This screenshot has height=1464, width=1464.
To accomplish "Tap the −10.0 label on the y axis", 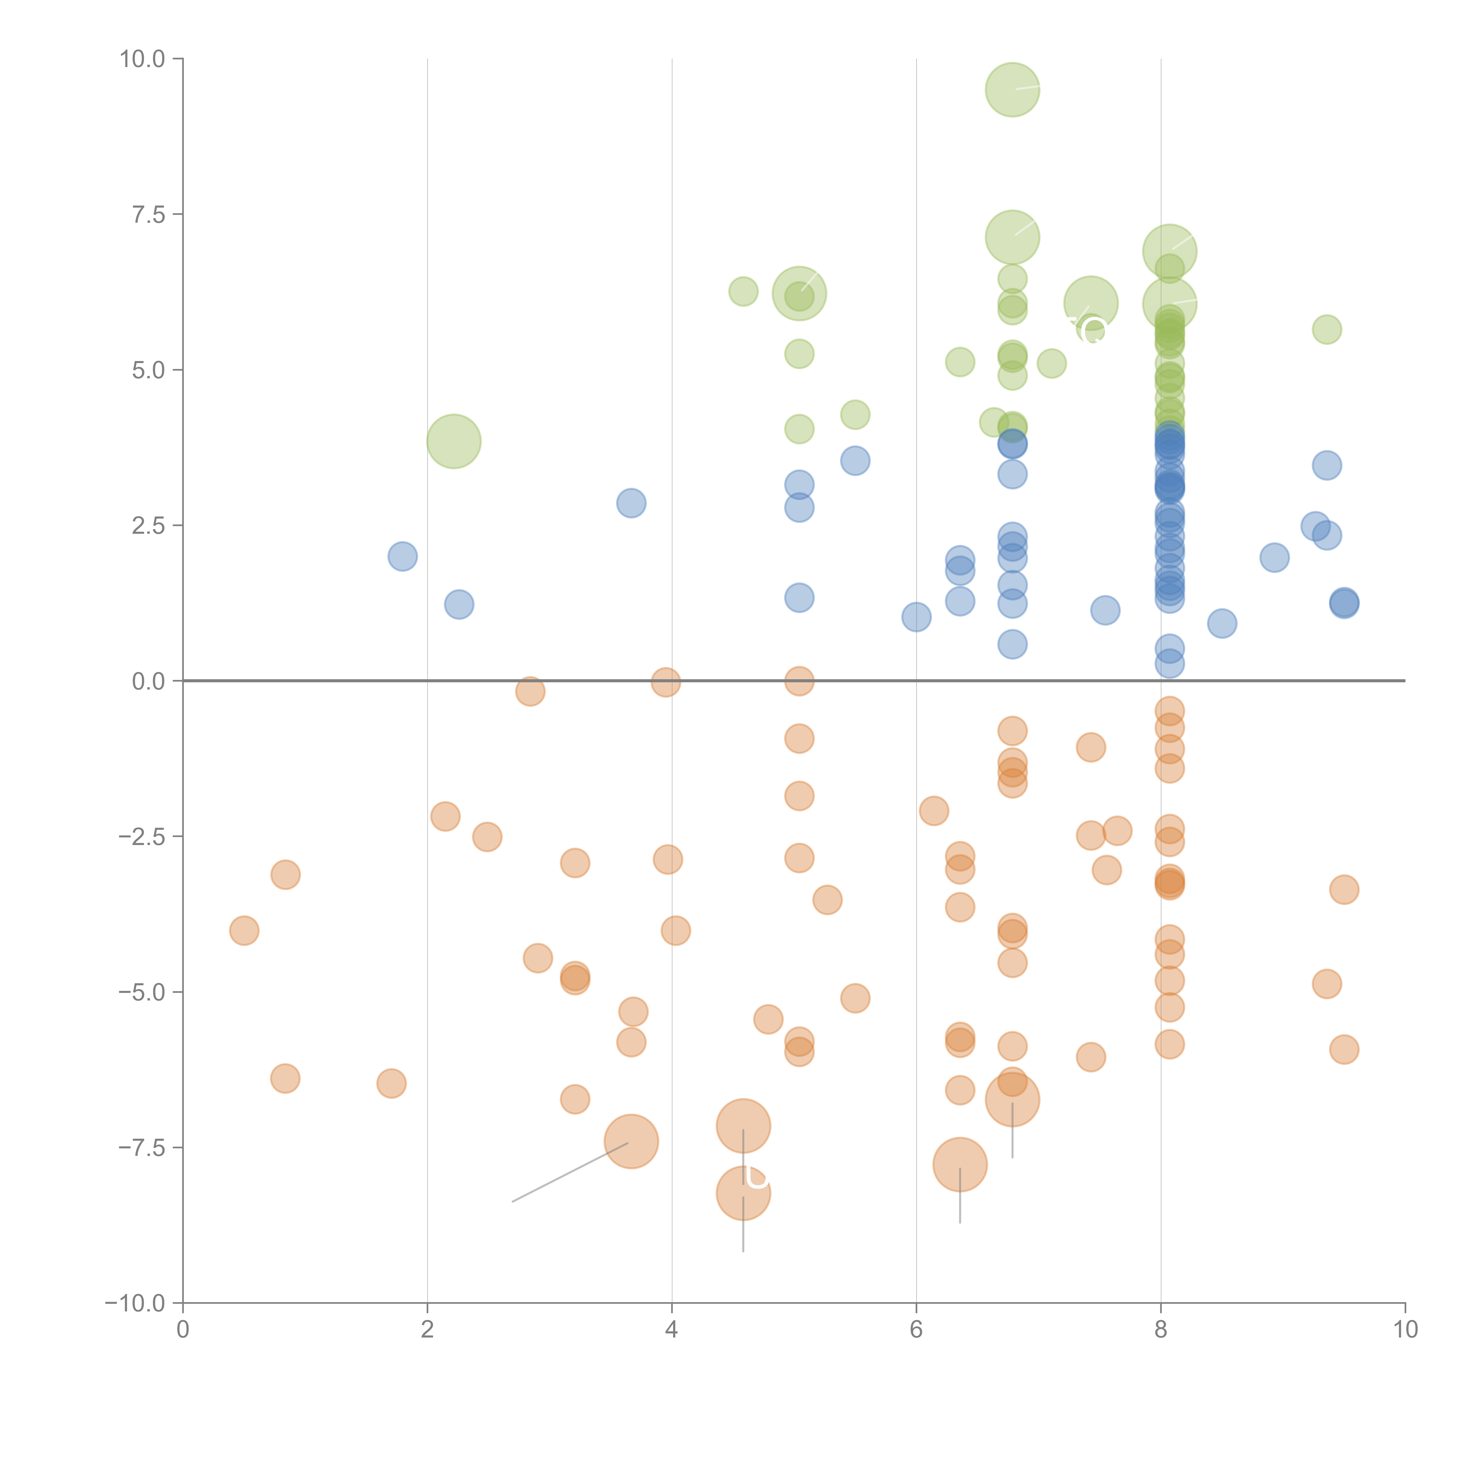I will point(135,1303).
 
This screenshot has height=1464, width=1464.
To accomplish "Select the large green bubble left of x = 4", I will point(454,441).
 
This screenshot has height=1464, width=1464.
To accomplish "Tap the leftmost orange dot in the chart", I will point(244,931).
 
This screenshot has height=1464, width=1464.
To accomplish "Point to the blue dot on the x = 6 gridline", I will point(916,617).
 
